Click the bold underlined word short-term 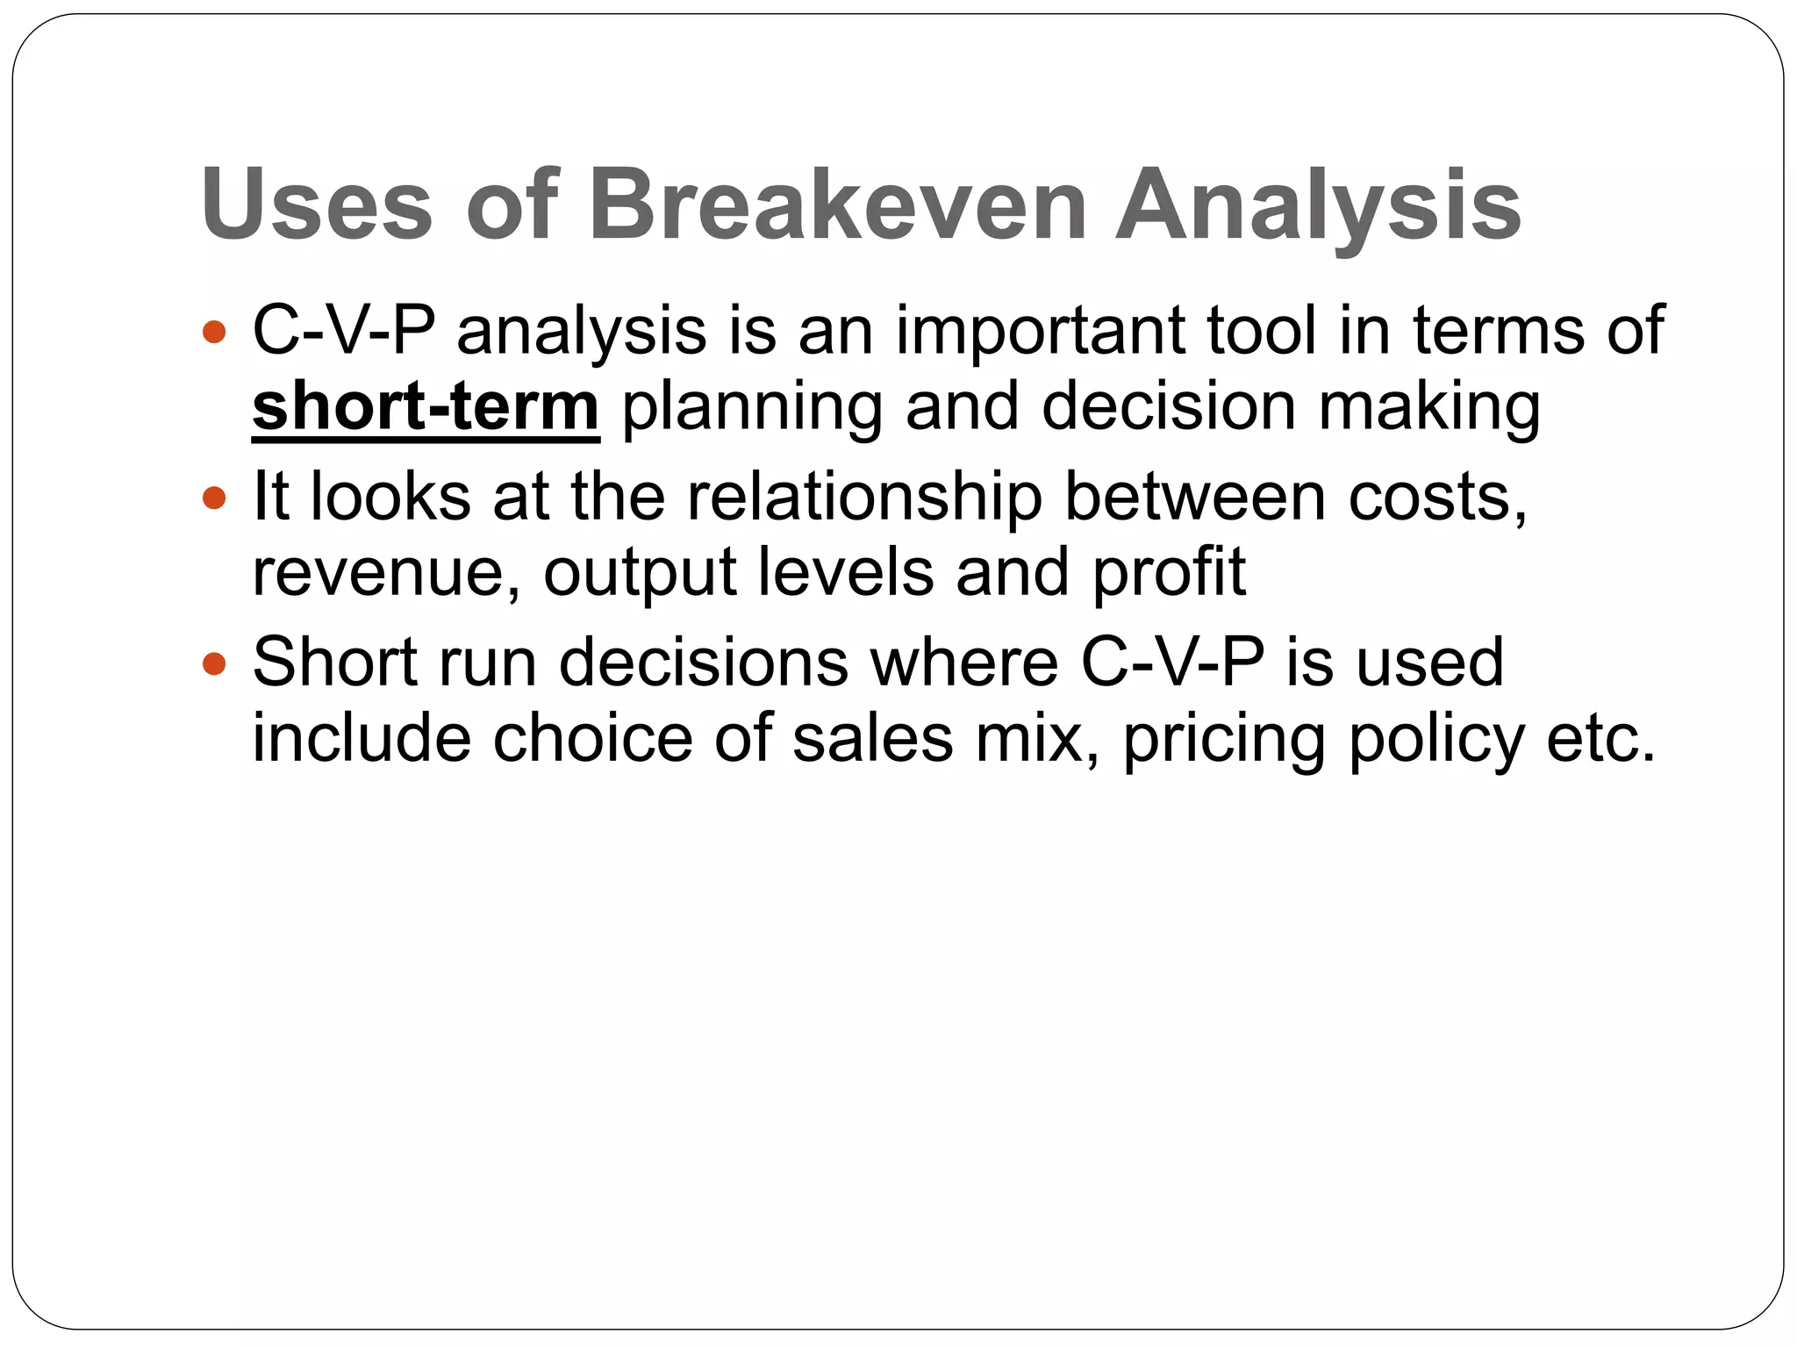[x=426, y=407]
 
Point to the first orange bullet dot [x=214, y=333]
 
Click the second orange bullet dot [x=214, y=498]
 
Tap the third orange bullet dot [x=214, y=663]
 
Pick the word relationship [x=865, y=497]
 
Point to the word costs [x=1437, y=498]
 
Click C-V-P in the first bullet [x=343, y=331]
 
